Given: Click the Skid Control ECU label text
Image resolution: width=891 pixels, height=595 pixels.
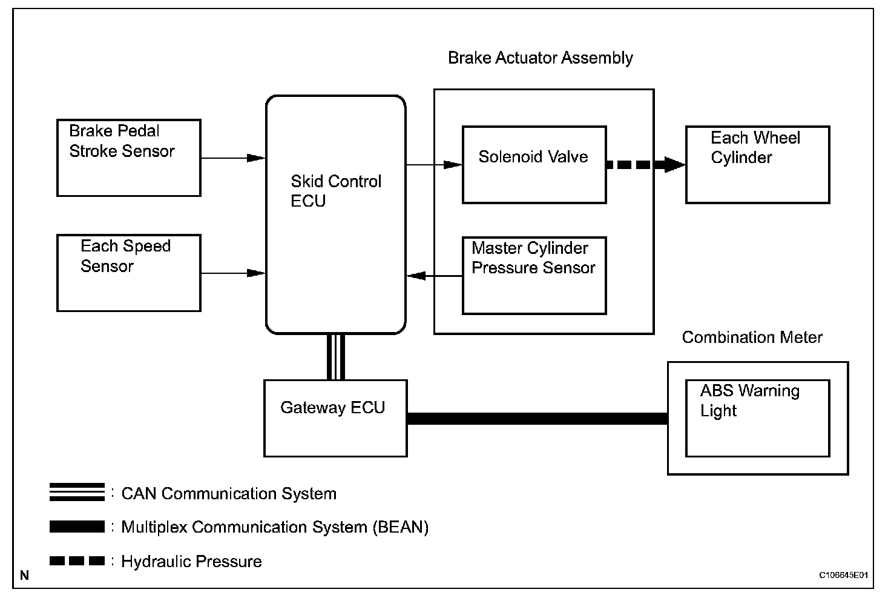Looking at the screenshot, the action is (x=336, y=191).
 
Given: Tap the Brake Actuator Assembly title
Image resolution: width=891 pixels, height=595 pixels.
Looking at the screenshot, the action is (x=540, y=58).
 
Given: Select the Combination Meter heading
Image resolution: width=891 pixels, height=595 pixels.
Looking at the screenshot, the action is (x=752, y=337).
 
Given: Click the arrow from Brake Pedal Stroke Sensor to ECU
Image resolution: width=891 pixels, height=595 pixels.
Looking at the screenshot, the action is (x=233, y=158).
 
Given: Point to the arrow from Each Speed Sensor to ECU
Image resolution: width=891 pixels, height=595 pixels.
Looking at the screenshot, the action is (x=233, y=273).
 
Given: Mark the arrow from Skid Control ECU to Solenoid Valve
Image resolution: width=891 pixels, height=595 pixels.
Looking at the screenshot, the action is (x=434, y=164).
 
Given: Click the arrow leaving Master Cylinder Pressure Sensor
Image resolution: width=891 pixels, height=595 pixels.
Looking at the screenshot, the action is (x=435, y=276).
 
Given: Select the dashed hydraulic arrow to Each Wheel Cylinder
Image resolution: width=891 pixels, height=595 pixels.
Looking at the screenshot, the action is (x=646, y=164).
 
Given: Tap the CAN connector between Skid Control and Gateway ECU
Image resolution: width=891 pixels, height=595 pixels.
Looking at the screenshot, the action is (x=336, y=357).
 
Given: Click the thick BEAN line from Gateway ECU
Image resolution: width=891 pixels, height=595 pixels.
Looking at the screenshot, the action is (x=538, y=419).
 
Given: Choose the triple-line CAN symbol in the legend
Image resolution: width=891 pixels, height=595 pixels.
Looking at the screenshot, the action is (x=77, y=492).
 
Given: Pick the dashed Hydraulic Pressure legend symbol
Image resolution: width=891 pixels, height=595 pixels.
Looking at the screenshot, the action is (x=77, y=560).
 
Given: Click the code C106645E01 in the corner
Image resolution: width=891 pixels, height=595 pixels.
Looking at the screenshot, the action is (x=843, y=575).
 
